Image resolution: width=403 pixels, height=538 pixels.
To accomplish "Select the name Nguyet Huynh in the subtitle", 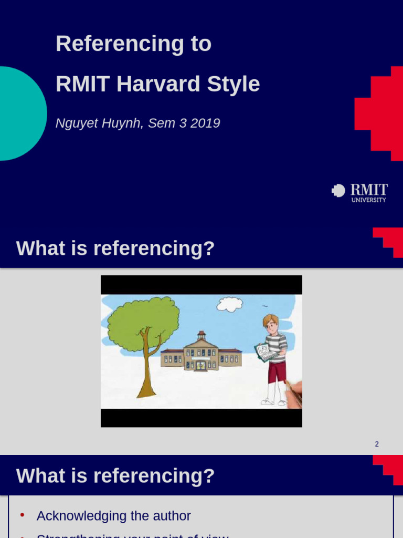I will point(99,123).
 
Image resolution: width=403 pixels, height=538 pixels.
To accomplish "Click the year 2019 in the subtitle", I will point(205,123).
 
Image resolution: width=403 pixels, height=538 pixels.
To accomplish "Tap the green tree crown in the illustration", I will point(142,322).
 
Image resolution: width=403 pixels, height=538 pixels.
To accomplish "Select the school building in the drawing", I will point(201,355).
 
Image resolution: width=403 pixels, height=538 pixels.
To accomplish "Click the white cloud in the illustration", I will point(230,304).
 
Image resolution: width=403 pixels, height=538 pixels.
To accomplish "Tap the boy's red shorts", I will point(277,371).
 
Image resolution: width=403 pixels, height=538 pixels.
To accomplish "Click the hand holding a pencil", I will point(295,391).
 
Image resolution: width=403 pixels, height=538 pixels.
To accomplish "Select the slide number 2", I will point(377,444).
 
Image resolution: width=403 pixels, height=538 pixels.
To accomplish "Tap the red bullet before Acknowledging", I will point(22,515).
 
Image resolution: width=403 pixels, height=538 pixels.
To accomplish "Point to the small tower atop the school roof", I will point(201,335).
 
